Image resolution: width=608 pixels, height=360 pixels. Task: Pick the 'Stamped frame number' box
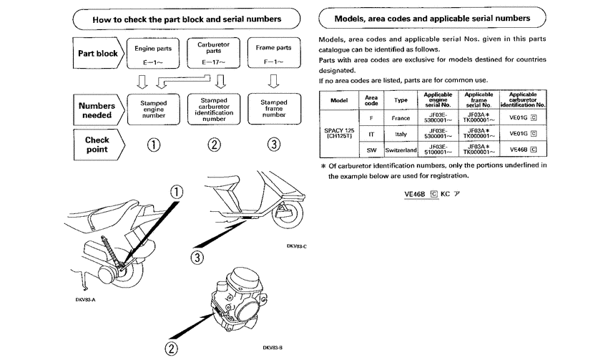coord(273,107)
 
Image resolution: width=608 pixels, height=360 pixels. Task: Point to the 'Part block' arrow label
coord(97,53)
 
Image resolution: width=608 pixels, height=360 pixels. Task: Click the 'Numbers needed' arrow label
coord(97,107)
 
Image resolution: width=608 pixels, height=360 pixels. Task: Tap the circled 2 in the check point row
coord(212,145)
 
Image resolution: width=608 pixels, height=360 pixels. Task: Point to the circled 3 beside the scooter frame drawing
coord(198,256)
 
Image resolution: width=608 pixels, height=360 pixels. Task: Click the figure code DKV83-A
coord(85,299)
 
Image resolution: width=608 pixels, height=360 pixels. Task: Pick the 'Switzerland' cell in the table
coord(401,150)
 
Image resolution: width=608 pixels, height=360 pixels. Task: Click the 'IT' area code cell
coord(371,133)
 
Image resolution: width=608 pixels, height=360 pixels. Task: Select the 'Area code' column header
coord(371,99)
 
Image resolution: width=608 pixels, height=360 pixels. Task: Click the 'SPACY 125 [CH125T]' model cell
coord(338,133)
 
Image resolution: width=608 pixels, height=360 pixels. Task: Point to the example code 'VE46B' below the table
coord(415,194)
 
